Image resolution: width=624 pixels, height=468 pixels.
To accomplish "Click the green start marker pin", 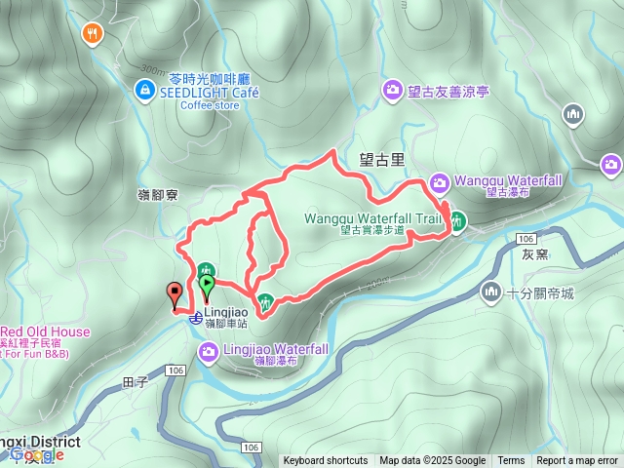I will tap(207, 286).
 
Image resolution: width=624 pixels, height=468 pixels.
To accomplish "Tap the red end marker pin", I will tap(175, 293).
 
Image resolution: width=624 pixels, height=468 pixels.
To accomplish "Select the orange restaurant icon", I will tap(93, 33).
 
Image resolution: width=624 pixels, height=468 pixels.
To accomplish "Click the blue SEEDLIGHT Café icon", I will tap(145, 91).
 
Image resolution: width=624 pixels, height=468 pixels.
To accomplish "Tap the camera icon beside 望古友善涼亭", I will tap(393, 91).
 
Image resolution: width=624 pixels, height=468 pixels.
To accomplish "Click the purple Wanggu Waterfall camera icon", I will tap(440, 181).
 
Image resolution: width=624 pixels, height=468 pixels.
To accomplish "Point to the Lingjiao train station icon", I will tap(196, 317).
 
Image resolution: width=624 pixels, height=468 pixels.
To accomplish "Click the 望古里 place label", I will tap(381, 157).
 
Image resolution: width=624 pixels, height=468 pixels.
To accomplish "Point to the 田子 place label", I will tap(136, 382).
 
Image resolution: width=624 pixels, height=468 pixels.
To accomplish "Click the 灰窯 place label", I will tap(535, 255).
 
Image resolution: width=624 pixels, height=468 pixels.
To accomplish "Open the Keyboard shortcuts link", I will tap(326, 461).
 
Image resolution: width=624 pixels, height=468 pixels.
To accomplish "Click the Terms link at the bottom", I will tap(511, 461).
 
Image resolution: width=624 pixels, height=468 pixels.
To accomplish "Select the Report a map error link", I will tap(576, 461).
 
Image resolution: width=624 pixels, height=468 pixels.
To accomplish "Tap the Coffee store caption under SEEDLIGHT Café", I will tap(210, 105).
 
